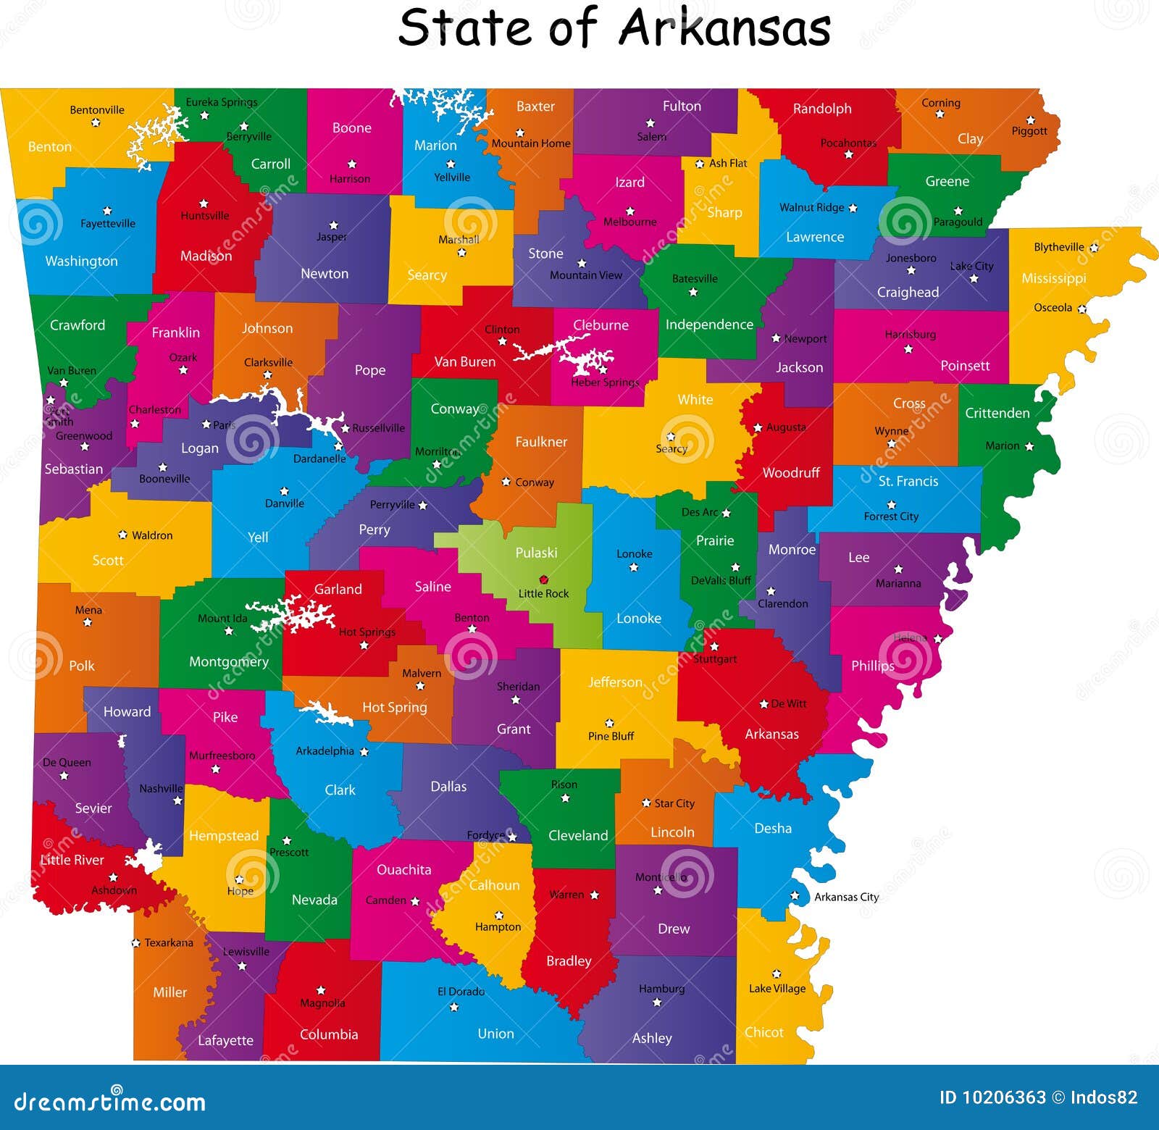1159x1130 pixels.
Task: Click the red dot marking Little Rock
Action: tap(543, 579)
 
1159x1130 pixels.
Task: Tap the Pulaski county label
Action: tap(536, 553)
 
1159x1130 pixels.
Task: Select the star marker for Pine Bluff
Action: tap(609, 723)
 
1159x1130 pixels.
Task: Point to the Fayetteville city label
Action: tap(108, 224)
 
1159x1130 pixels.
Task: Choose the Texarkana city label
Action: tap(169, 942)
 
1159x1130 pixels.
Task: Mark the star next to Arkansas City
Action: tap(795, 896)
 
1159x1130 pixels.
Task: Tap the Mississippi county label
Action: tap(1053, 278)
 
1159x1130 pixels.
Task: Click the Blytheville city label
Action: tap(1058, 247)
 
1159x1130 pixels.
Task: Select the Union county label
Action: tap(495, 1034)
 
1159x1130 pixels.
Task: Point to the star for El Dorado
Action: tap(454, 1007)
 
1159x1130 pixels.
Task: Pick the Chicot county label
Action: tap(764, 1032)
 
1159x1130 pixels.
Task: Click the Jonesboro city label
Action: tap(911, 258)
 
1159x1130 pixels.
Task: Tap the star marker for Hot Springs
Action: tap(364, 645)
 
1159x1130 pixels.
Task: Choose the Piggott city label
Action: tap(1029, 131)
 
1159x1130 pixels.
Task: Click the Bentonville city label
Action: tap(97, 110)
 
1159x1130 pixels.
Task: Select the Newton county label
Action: tap(325, 274)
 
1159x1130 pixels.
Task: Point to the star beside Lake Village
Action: tap(777, 974)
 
